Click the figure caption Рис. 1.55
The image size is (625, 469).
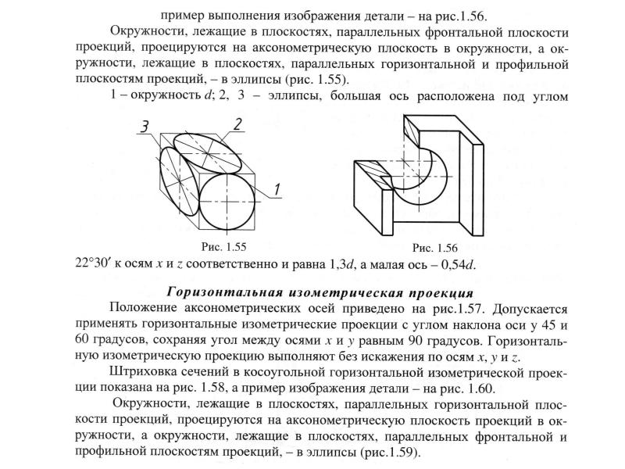[x=223, y=246]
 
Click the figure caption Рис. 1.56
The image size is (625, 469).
[x=435, y=248]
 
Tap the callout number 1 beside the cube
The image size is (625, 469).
[x=277, y=190]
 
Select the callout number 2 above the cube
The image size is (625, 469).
[x=237, y=125]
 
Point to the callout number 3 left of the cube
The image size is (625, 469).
[x=145, y=127]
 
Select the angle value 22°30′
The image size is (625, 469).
[x=93, y=264]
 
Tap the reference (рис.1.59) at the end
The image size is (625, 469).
[x=390, y=453]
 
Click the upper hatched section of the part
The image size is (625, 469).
[x=412, y=131]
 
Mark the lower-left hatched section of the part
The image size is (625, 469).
[x=373, y=172]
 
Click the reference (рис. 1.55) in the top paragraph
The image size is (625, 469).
[x=316, y=80]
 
